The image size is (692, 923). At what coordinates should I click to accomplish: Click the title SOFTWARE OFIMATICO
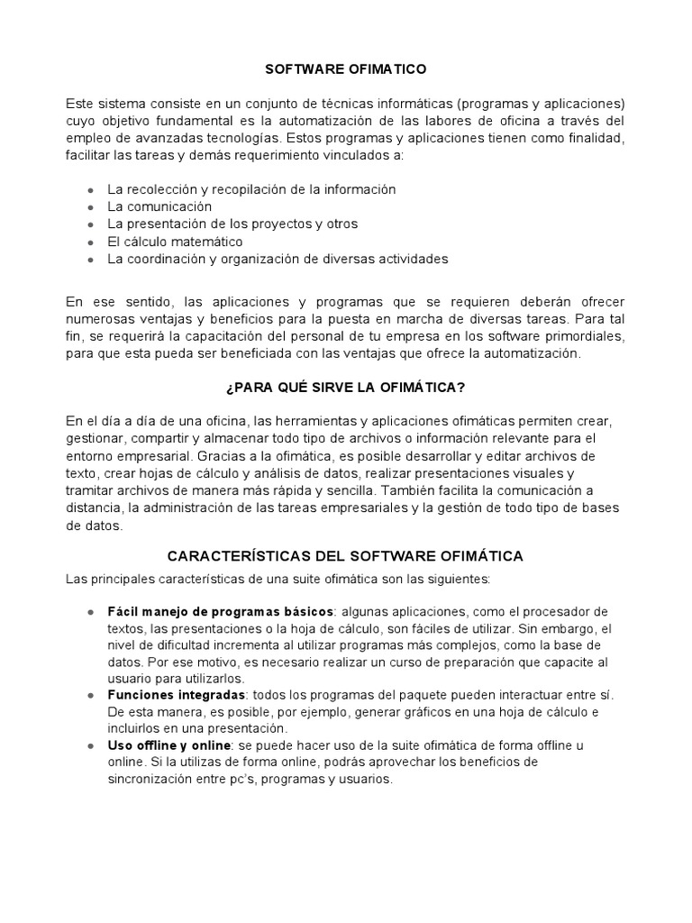[346, 69]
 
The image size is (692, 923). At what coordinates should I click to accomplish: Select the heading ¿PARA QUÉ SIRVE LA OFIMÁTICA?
[346, 388]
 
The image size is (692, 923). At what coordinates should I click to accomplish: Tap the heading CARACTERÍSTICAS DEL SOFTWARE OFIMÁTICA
[346, 556]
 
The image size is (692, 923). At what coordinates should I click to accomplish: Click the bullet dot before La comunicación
[91, 206]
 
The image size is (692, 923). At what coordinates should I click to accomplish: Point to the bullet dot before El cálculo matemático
[91, 242]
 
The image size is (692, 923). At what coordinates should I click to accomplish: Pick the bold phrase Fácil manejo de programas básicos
[221, 611]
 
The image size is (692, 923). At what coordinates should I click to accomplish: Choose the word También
[409, 490]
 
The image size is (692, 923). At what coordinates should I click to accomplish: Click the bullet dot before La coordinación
[91, 259]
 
